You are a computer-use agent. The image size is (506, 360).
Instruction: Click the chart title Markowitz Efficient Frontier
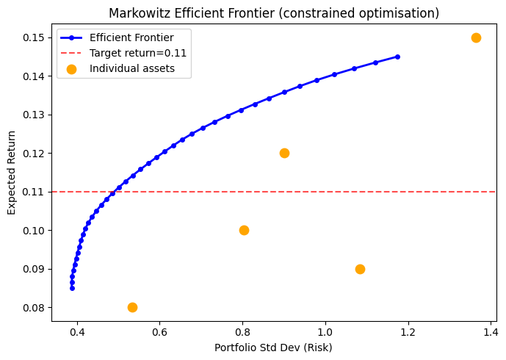pyautogui.click(x=274, y=13)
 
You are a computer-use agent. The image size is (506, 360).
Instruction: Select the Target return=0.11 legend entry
pyautogui.click(x=138, y=53)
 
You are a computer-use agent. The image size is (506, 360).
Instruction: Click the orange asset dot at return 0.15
pyautogui.click(x=476, y=37)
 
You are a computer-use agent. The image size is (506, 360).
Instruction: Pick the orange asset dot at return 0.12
pyautogui.click(x=284, y=153)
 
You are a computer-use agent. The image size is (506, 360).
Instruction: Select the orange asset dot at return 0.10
pyautogui.click(x=244, y=230)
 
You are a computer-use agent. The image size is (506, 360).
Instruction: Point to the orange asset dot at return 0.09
pyautogui.click(x=360, y=269)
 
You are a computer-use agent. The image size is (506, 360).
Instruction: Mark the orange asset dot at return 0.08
pyautogui.click(x=132, y=307)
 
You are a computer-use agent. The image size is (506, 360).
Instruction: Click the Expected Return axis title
pyautogui.click(x=11, y=173)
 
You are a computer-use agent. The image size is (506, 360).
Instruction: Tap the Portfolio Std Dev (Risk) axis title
pyautogui.click(x=273, y=347)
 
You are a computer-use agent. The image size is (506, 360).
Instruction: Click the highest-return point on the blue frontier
pyautogui.click(x=397, y=57)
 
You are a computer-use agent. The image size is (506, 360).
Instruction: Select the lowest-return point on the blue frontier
pyautogui.click(x=72, y=288)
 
